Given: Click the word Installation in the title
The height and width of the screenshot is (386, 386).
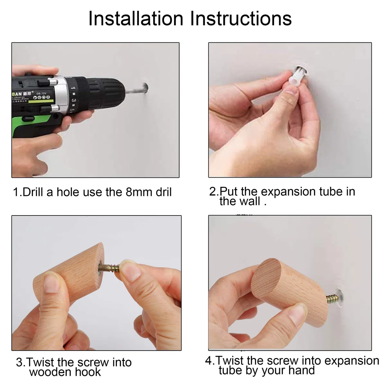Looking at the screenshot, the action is (x=136, y=19).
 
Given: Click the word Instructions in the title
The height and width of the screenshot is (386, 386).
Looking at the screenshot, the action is (x=241, y=19).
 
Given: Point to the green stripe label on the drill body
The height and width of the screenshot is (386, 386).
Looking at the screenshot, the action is (x=41, y=102).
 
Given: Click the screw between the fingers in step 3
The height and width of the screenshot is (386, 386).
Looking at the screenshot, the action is (x=109, y=268).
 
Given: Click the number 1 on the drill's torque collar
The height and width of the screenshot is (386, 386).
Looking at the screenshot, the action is (x=73, y=88).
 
